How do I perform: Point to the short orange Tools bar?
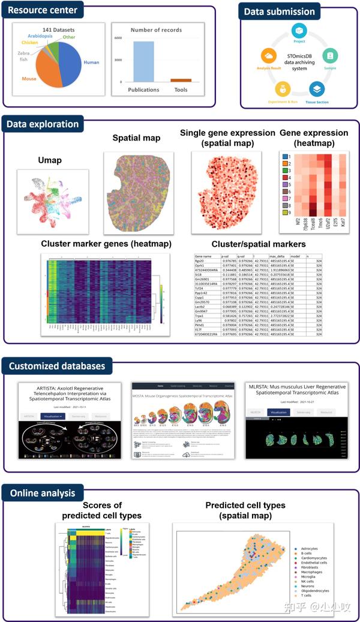point(181,80)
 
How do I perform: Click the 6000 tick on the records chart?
point(118,38)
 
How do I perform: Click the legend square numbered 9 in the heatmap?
point(286,212)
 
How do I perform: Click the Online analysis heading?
point(41,494)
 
